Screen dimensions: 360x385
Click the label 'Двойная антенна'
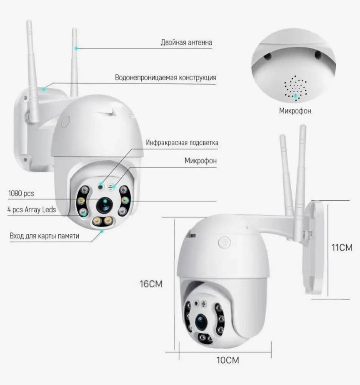pyautogui.click(x=186, y=43)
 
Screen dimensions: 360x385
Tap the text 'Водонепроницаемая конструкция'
pyautogui.click(x=165, y=78)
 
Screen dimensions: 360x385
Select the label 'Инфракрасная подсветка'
pyautogui.click(x=182, y=143)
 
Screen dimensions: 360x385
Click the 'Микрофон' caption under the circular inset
pyautogui.click(x=295, y=111)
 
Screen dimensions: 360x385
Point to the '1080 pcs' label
pyautogui.click(x=21, y=194)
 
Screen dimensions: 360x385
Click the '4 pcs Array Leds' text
pyautogui.click(x=32, y=210)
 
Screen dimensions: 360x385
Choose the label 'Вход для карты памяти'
pyautogui.click(x=45, y=236)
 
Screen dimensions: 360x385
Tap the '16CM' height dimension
pyautogui.click(x=151, y=284)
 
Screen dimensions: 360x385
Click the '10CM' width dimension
pyautogui.click(x=227, y=360)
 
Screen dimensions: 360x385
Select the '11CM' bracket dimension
pyautogui.click(x=342, y=247)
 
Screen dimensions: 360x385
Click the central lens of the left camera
pyautogui.click(x=105, y=205)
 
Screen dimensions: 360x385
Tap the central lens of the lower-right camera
pyautogui.click(x=201, y=322)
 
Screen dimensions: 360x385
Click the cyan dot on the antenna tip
pyautogui.click(x=76, y=48)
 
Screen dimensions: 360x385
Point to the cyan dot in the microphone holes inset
pyautogui.click(x=296, y=96)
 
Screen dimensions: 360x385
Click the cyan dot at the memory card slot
pyautogui.click(x=102, y=231)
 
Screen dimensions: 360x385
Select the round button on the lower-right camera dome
pyautogui.click(x=225, y=243)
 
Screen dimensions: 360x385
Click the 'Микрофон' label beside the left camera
pyautogui.click(x=200, y=161)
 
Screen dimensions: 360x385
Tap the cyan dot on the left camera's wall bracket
pyautogui.click(x=44, y=89)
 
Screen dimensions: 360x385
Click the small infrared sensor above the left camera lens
pyautogui.click(x=100, y=186)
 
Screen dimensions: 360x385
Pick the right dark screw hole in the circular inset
pyautogui.click(x=318, y=54)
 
